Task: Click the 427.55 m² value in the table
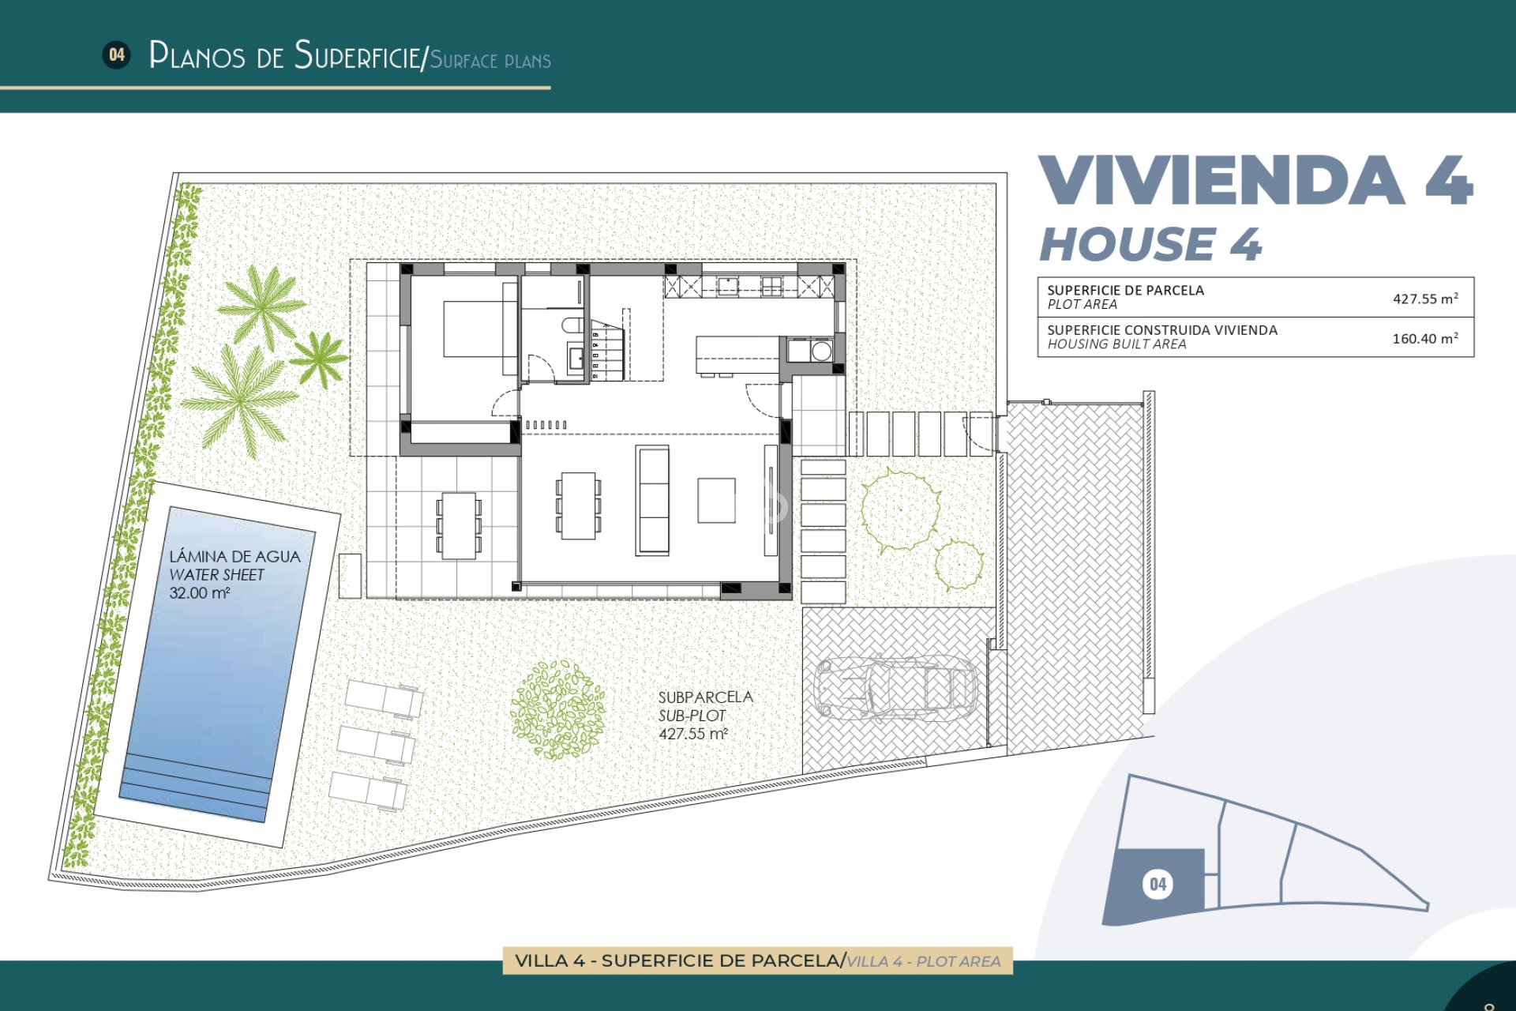(x=1424, y=299)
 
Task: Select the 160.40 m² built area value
(x=1424, y=338)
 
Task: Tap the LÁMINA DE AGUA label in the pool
(x=235, y=556)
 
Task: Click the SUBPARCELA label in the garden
(x=705, y=697)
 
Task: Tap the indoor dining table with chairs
(x=578, y=505)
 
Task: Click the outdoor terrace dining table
(x=459, y=525)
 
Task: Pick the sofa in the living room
(x=652, y=500)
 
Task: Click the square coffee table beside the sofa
(x=716, y=500)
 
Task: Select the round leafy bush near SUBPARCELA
(x=558, y=709)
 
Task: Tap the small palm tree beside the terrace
(x=319, y=359)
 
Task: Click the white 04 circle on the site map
(x=1157, y=884)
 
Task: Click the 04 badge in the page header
(x=117, y=54)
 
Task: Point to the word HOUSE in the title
(x=1128, y=244)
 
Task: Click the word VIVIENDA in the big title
(x=1221, y=181)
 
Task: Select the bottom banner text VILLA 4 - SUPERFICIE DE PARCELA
(x=677, y=960)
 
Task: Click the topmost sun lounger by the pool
(x=384, y=698)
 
